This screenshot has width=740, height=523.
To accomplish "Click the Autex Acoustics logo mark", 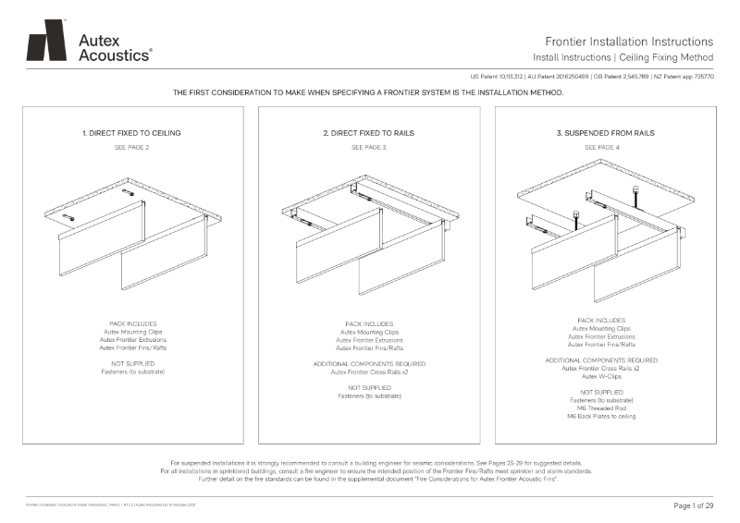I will (x=46, y=41).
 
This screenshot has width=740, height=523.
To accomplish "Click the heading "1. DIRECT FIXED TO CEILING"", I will (x=131, y=133).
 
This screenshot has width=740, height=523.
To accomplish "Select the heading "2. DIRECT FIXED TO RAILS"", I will (x=368, y=133).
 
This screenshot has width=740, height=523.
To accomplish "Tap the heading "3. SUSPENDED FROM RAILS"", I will (x=605, y=133).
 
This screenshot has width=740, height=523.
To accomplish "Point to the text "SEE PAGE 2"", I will (x=131, y=147).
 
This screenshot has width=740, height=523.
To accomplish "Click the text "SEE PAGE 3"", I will (x=368, y=147).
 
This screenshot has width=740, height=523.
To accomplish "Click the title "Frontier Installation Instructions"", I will (x=629, y=42).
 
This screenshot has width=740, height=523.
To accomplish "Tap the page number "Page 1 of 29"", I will (x=688, y=505).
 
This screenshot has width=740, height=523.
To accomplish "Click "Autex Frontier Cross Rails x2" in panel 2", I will (x=368, y=371).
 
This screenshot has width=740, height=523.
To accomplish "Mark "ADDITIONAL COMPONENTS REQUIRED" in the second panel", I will (x=368, y=363).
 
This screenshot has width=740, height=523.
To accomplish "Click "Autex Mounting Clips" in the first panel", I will (x=131, y=332).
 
